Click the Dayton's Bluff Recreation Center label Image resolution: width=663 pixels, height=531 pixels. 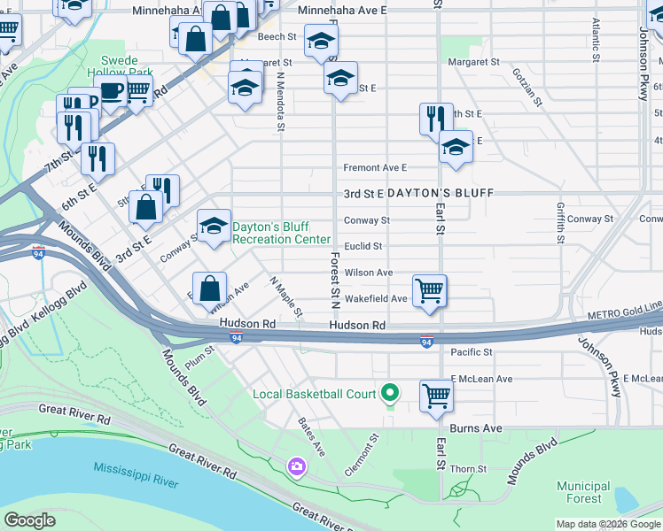(x=281, y=233)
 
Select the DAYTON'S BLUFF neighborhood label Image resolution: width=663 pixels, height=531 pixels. (x=435, y=193)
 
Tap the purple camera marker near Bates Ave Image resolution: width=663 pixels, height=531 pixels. (x=296, y=466)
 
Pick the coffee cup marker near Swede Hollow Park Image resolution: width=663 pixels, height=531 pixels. (x=111, y=90)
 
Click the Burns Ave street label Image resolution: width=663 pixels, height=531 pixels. (x=476, y=428)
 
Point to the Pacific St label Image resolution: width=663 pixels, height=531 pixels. (x=471, y=352)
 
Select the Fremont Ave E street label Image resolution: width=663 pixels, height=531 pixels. (x=375, y=167)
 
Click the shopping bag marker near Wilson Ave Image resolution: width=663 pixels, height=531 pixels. (x=208, y=288)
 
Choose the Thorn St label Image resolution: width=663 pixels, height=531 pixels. (x=469, y=469)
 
